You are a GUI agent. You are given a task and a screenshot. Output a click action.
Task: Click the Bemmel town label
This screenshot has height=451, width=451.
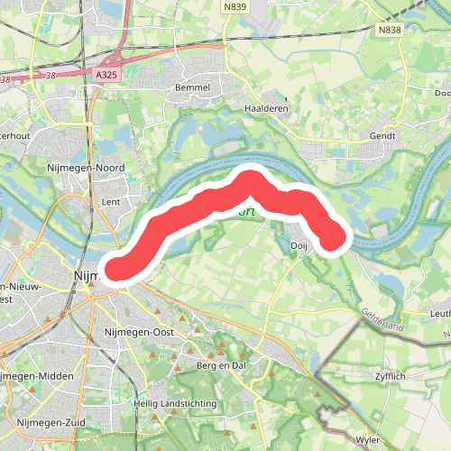[x=196, y=87]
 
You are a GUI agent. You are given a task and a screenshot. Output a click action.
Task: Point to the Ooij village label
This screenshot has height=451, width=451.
[x=299, y=245]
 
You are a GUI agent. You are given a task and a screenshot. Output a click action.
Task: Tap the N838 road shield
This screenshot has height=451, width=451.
[x=389, y=30]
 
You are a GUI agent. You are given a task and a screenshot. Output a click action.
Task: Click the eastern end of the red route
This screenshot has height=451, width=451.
[x=335, y=239]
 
